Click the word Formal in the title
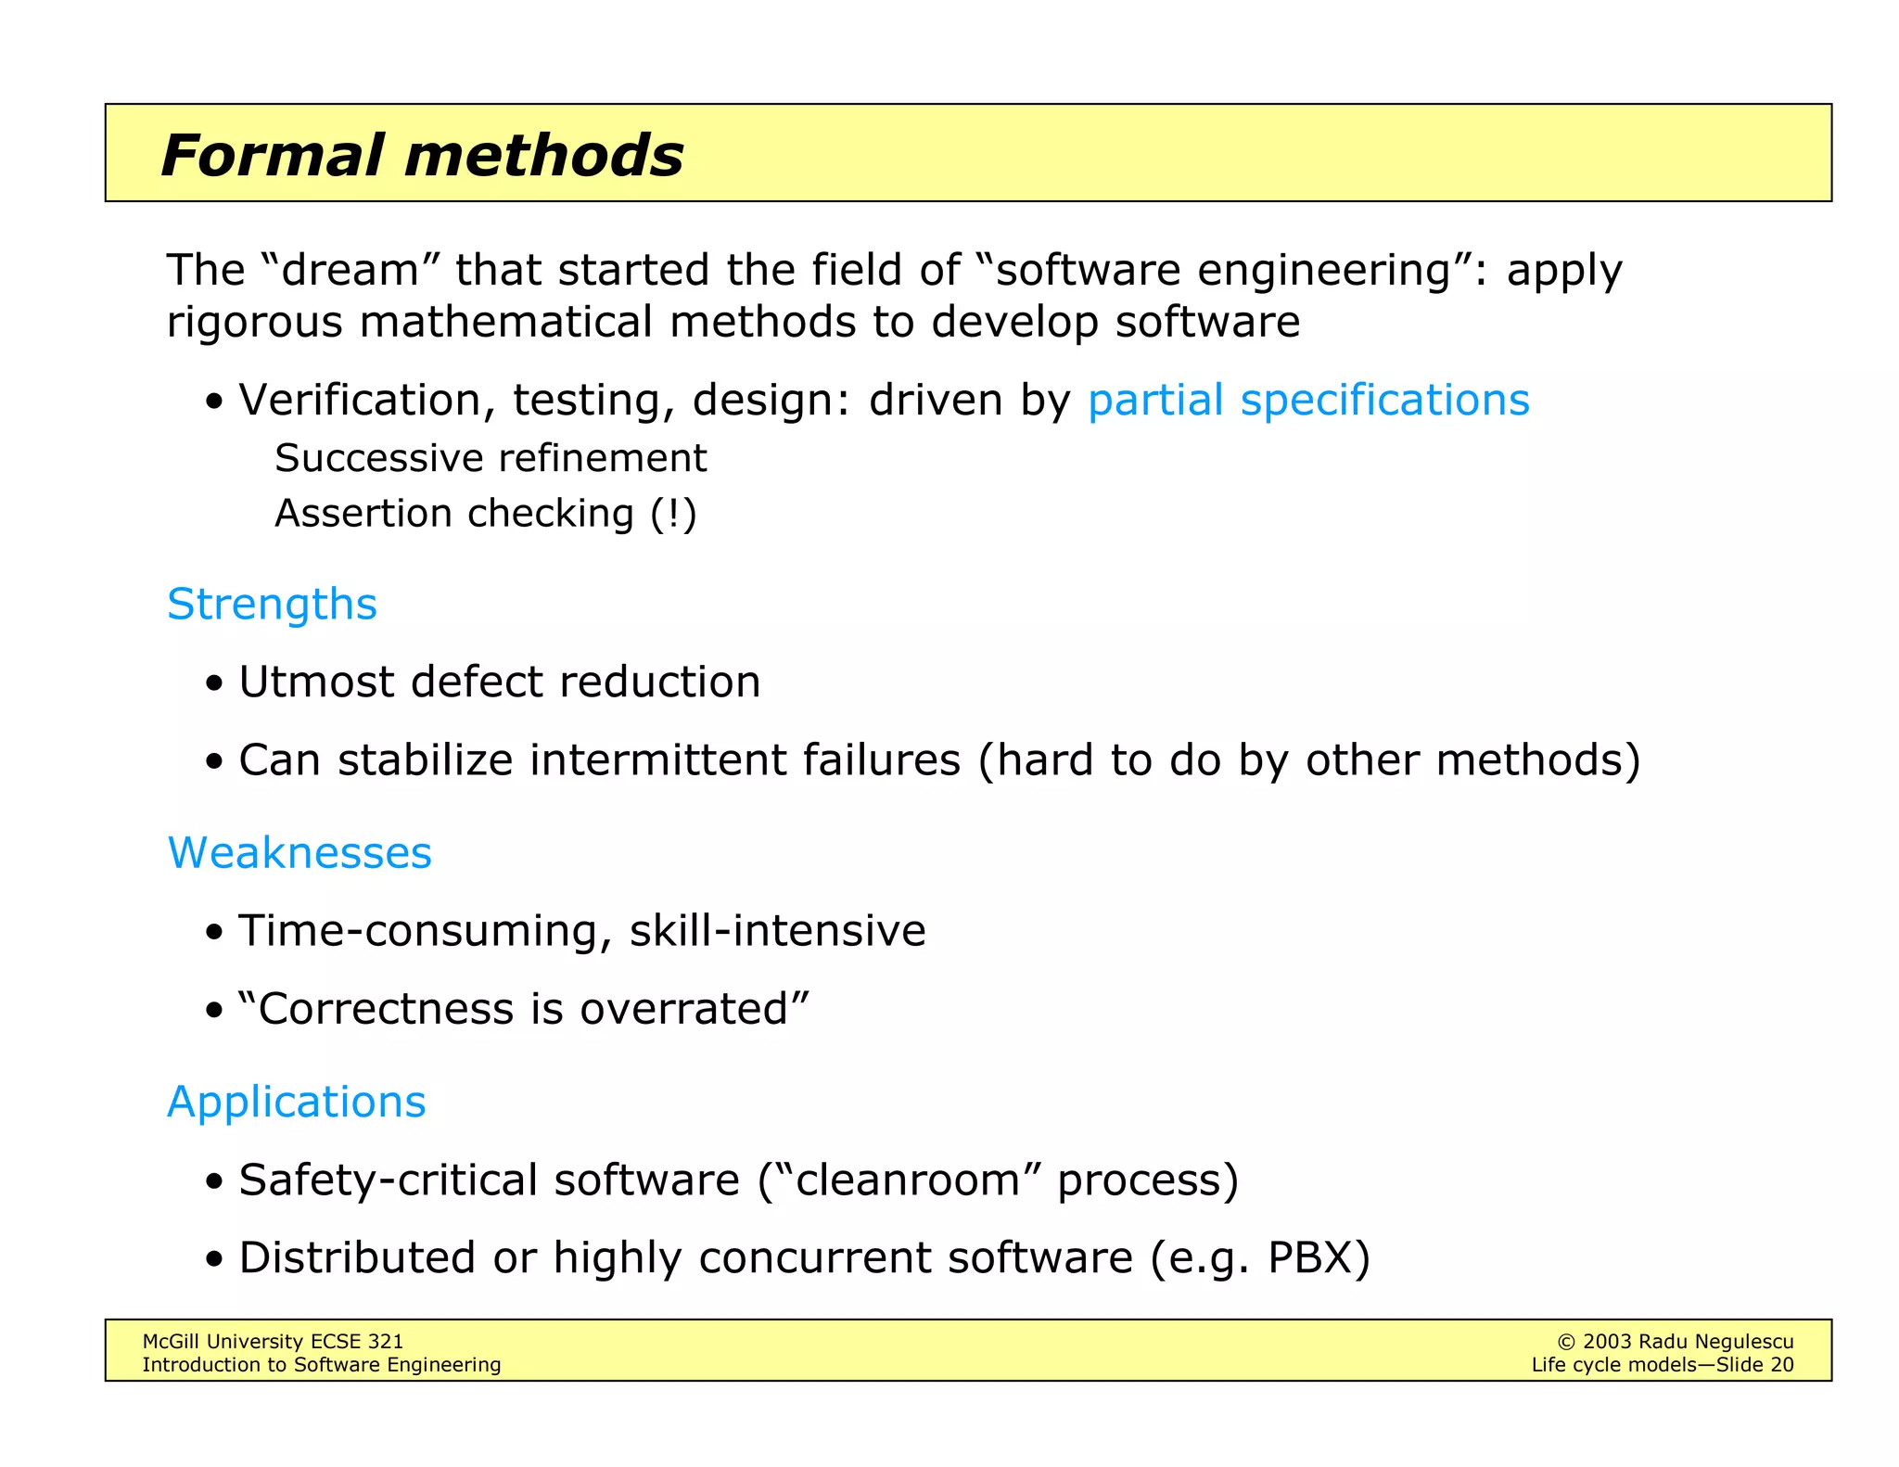click(x=272, y=155)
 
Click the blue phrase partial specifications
click(x=1307, y=401)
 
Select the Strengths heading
click(x=272, y=605)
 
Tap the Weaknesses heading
click(x=300, y=853)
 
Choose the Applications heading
click(x=296, y=1102)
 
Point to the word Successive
click(x=380, y=458)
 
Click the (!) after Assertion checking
click(x=672, y=514)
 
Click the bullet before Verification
click(x=215, y=402)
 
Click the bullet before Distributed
click(x=215, y=1260)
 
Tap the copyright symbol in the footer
click(x=1565, y=1342)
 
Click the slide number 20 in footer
click(x=1781, y=1365)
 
